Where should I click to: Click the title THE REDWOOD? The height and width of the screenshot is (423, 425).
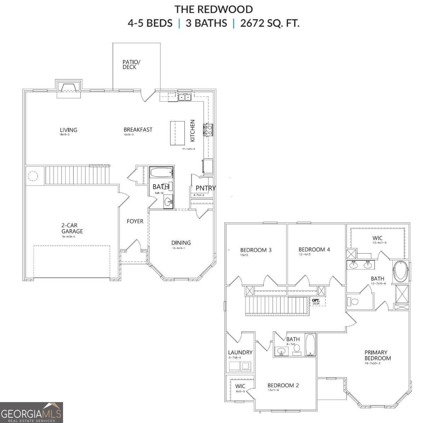[x=213, y=9]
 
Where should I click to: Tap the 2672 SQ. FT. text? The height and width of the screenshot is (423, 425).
[x=270, y=23]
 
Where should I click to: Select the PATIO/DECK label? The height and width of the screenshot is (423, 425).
[x=131, y=64]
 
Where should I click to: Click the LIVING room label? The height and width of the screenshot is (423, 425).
[x=68, y=130]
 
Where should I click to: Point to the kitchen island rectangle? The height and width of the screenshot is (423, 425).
[x=178, y=133]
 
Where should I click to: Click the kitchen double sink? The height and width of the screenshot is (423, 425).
[x=185, y=97]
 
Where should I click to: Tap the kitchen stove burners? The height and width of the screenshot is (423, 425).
[x=208, y=130]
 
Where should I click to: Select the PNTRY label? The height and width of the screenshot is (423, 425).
[x=205, y=188]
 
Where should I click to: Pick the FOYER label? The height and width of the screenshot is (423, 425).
[x=135, y=221]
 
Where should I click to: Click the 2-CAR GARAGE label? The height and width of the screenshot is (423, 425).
[x=72, y=228]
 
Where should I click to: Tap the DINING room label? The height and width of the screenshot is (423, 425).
[x=181, y=243]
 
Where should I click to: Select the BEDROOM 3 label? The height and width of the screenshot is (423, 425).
[x=256, y=250]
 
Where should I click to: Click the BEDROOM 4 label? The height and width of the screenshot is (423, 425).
[x=314, y=249]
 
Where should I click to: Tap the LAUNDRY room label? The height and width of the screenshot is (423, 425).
[x=240, y=352]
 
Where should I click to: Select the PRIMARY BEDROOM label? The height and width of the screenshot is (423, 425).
[x=378, y=355]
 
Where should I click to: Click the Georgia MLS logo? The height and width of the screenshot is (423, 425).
[x=32, y=413]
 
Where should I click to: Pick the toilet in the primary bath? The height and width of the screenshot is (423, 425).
[x=353, y=302]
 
